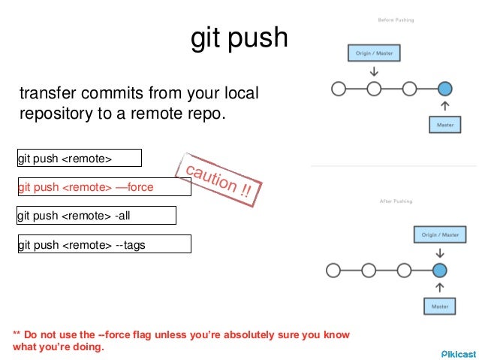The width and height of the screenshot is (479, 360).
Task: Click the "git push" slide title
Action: click(239, 38)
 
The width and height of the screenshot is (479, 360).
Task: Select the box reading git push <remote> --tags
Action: click(104, 244)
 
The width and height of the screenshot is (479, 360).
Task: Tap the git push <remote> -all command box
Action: click(95, 216)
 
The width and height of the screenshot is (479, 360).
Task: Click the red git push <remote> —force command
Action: click(104, 187)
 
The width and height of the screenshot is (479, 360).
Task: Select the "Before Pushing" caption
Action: click(395, 20)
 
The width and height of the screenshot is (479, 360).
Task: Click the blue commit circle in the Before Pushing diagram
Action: click(444, 89)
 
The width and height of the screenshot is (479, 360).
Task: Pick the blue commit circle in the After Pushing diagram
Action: click(440, 270)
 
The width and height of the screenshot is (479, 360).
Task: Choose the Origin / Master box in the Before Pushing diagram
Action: click(374, 53)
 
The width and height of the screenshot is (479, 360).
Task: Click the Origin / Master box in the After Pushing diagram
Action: click(440, 234)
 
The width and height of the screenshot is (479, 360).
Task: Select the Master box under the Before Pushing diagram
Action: click(444, 124)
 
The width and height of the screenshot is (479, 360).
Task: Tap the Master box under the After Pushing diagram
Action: click(440, 305)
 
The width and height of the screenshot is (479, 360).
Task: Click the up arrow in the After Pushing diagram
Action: click(440, 287)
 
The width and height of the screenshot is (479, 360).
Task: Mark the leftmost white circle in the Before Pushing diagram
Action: click(339, 89)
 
